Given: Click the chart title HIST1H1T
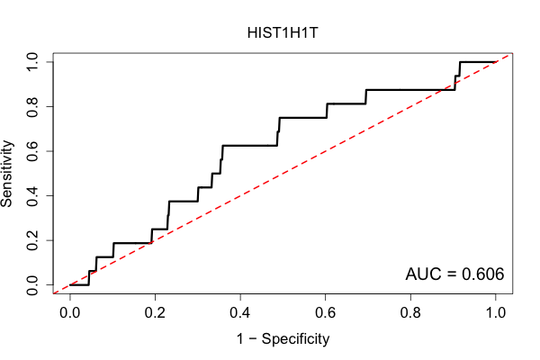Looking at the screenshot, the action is (283, 33).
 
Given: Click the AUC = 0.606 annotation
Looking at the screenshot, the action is (454, 274).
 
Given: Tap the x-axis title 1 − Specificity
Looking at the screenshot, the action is (283, 339).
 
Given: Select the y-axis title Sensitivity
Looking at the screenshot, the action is (6, 174).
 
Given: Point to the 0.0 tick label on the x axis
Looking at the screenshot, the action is (70, 313).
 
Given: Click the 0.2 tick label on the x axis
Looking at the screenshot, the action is (155, 313).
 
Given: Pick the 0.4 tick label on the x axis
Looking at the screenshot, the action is (240, 313).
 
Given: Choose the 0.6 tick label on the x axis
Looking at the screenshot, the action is (325, 313).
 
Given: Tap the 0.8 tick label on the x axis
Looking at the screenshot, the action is (410, 313).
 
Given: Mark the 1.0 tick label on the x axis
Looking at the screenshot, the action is (496, 313).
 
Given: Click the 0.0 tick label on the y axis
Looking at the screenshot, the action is (32, 285).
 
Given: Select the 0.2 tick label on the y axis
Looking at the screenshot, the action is (32, 240).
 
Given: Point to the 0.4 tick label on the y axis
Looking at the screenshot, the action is (32, 195).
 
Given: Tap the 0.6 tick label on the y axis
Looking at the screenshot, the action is (32, 151).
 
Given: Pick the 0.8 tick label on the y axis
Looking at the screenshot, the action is (32, 106).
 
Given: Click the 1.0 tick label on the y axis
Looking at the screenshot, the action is (32, 62).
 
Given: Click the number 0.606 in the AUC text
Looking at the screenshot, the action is (482, 274).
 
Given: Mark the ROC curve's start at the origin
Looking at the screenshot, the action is (70, 285).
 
